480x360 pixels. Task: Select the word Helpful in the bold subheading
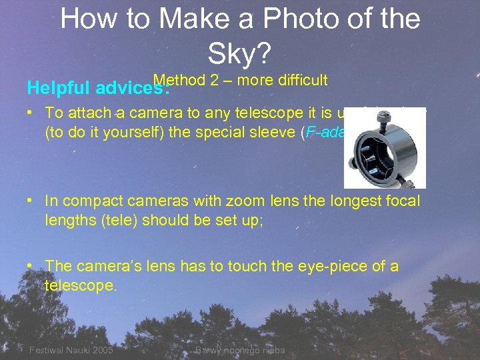point(59,87)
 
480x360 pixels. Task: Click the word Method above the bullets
point(179,80)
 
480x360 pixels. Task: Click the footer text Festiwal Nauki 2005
point(71,350)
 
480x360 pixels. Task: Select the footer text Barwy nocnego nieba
point(241,350)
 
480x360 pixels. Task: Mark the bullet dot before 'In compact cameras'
point(31,201)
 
